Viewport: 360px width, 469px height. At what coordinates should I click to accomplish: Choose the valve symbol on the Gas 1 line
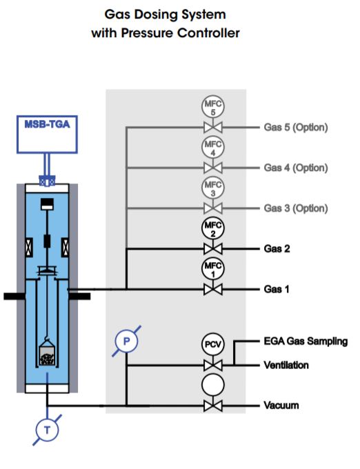[x=213, y=290]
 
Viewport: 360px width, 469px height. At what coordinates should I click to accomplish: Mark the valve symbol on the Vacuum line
[x=213, y=406]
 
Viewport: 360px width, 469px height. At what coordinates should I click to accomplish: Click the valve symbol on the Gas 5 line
[x=213, y=128]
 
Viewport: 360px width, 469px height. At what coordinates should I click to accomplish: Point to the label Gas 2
[x=277, y=248]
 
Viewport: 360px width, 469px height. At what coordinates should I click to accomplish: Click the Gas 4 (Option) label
[x=296, y=168]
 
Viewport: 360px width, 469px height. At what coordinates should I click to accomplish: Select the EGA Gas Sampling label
[x=306, y=341]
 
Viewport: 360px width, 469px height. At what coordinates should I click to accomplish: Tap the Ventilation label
[x=286, y=365]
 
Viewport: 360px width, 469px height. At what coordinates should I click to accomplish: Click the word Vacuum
[x=281, y=406]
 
